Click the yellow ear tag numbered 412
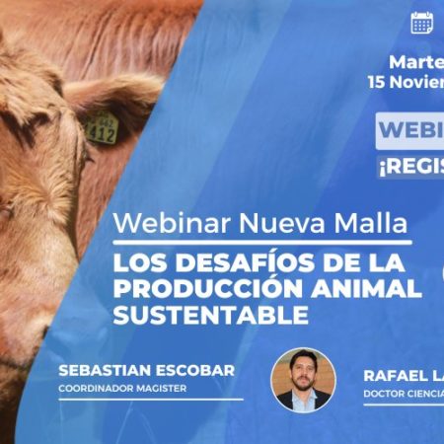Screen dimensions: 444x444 (101, 128)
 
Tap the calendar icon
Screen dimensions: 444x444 (422, 22)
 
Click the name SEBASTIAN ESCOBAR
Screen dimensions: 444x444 (146, 370)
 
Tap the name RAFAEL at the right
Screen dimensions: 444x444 (392, 376)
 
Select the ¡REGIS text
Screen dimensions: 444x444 (410, 168)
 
